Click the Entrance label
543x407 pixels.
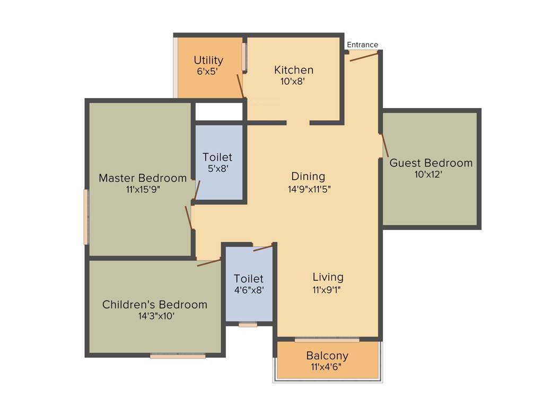363,45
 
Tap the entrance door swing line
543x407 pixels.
364,56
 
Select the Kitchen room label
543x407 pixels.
294,70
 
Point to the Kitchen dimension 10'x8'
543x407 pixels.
293,82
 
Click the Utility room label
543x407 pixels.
208,60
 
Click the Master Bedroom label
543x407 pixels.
143,178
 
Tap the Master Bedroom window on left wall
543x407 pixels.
86,217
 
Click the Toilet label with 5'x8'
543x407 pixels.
217,157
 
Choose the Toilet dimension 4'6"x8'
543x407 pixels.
249,290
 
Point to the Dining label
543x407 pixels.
308,176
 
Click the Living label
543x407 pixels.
328,277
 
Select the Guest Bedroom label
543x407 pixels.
431,163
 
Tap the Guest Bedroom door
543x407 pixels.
384,145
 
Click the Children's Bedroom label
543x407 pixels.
155,305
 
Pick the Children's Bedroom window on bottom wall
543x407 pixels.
178,356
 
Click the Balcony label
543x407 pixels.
327,356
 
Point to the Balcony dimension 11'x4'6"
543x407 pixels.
327,367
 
